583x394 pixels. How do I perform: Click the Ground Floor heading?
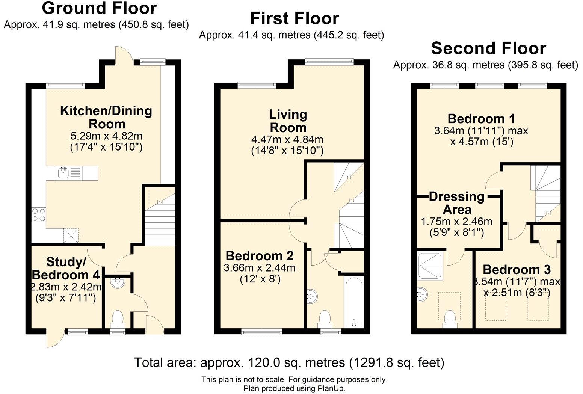coord(99,8)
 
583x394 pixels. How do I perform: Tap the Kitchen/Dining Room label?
coord(106,117)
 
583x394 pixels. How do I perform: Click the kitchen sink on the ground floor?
coord(63,173)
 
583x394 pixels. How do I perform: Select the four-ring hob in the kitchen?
coord(38,214)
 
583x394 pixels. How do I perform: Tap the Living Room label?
coord(288,121)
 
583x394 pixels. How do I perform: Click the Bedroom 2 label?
coord(259,256)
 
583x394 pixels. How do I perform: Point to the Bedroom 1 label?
coord(481,119)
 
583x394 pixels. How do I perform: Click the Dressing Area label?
coord(457,203)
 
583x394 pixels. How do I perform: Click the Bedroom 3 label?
coord(517,269)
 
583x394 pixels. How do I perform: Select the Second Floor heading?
coord(488,48)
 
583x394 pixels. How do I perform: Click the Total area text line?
coord(289,362)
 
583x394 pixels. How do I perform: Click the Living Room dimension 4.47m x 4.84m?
coord(287,140)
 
